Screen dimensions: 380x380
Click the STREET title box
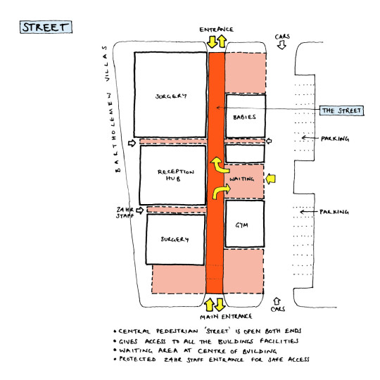point(46,27)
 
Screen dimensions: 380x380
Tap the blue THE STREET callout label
point(341,110)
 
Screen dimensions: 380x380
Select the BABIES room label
point(244,118)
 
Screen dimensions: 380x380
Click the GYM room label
point(241,225)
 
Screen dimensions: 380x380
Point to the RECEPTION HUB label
point(175,175)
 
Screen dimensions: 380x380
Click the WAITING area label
point(241,179)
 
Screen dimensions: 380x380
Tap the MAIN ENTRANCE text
point(226,317)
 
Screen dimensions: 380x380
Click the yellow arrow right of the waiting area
point(270,179)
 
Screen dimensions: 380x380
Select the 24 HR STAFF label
point(125,213)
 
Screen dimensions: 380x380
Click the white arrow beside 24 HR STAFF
point(140,210)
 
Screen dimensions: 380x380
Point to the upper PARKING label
point(335,139)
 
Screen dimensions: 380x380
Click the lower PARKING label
point(334,212)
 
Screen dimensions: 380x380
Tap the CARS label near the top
point(282,37)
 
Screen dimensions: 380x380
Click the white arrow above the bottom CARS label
point(277,301)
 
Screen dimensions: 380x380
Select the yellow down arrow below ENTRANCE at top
point(213,42)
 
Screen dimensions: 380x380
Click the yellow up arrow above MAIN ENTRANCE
point(210,305)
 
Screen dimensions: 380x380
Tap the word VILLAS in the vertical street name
point(106,63)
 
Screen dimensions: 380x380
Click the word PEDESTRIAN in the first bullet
point(177,331)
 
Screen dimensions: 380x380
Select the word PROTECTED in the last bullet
point(137,359)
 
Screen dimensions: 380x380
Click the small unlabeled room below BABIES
point(245,153)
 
